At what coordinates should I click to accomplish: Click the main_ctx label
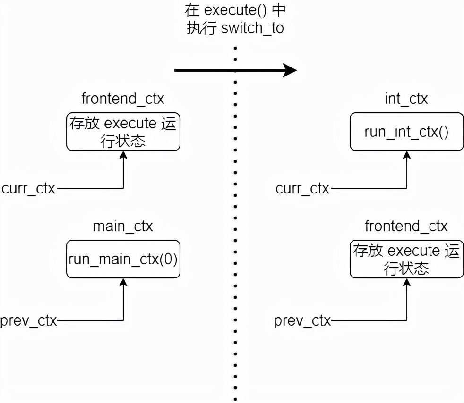click(123, 227)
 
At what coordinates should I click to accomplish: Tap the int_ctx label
click(406, 99)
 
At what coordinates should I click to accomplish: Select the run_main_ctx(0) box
click(123, 259)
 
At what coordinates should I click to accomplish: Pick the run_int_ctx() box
click(406, 132)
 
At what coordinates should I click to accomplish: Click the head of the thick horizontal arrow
click(289, 71)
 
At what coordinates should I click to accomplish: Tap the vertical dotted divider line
click(235, 212)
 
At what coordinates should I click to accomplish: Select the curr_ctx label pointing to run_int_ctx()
click(302, 189)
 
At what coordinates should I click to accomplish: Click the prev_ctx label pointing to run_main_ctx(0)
click(29, 321)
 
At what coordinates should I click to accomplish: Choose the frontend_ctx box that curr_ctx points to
click(123, 132)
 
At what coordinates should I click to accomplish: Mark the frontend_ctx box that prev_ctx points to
click(406, 259)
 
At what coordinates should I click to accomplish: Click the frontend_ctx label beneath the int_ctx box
click(406, 227)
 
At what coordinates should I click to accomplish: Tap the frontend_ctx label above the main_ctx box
click(123, 99)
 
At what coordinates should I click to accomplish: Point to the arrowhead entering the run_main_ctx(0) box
click(123, 282)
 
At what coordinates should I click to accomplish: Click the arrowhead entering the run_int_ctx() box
click(406, 155)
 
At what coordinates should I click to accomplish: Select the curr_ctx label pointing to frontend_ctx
click(28, 189)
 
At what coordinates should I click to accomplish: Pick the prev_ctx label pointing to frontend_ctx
click(302, 321)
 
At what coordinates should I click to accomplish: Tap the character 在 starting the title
click(192, 10)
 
